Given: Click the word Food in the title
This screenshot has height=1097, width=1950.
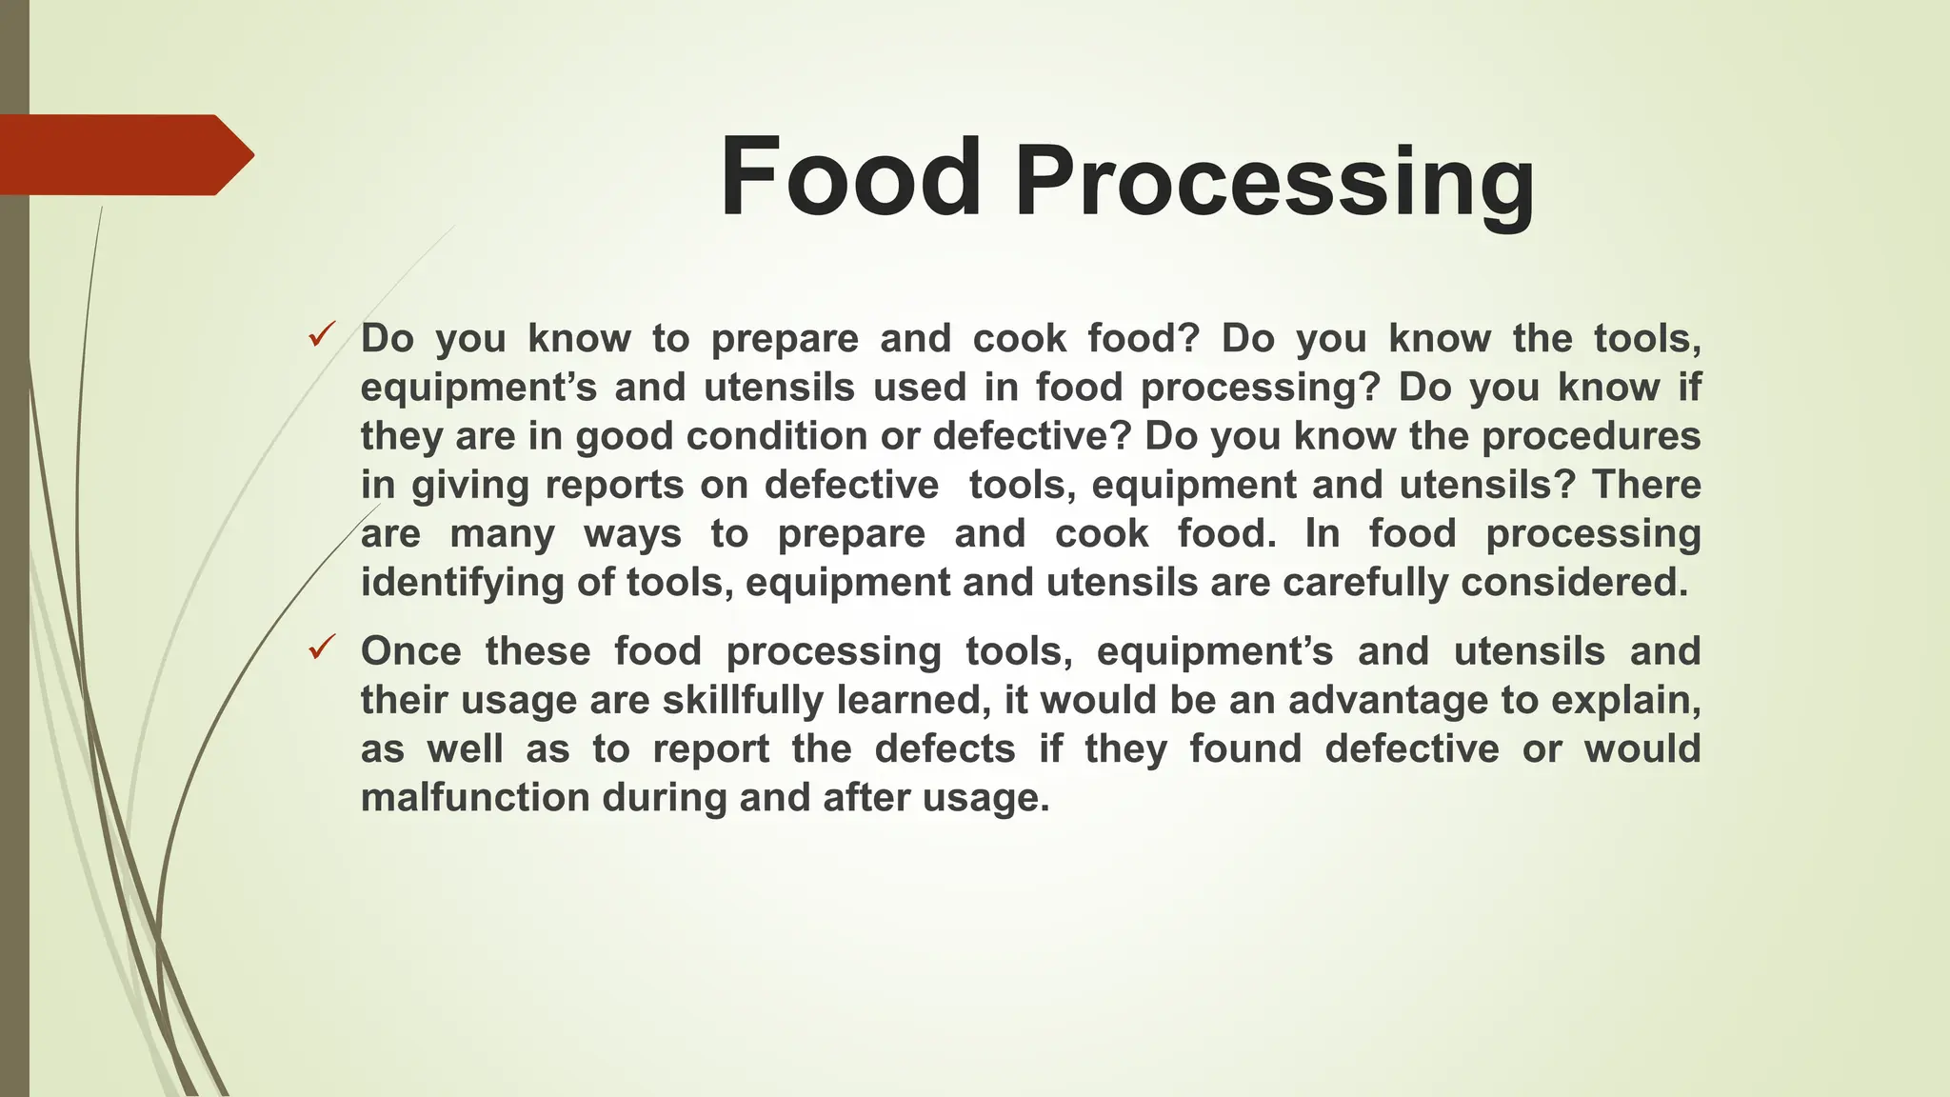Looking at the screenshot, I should pyautogui.click(x=850, y=178).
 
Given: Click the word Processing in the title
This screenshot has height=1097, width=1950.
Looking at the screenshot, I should pyautogui.click(x=1274, y=183).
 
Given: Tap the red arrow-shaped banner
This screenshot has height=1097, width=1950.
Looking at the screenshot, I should pyautogui.click(x=124, y=155).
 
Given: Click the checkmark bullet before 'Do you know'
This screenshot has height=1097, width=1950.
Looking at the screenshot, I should pyautogui.click(x=321, y=335).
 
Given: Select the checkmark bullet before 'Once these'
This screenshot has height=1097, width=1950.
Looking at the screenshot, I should pyautogui.click(x=321, y=648).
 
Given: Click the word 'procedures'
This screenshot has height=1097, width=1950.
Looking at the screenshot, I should pyautogui.click(x=1591, y=436).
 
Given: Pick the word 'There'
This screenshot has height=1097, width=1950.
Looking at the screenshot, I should pyautogui.click(x=1646, y=485).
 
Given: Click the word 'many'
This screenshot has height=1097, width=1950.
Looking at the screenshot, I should pyautogui.click(x=502, y=534).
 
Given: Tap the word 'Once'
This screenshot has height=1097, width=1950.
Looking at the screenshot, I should pyautogui.click(x=410, y=651).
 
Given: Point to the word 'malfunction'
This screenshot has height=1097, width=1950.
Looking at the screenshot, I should pyautogui.click(x=475, y=798).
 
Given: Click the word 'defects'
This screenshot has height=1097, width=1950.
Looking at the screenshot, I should pyautogui.click(x=945, y=749).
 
